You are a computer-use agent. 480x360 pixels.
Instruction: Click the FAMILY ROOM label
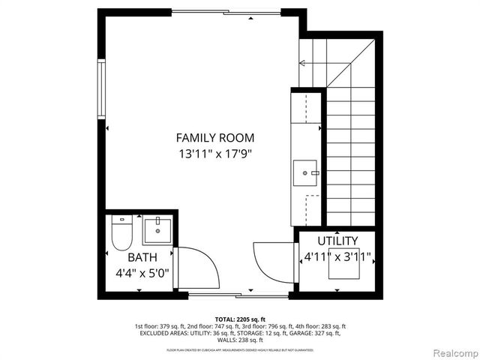214,138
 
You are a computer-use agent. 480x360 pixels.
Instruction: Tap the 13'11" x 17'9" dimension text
214,154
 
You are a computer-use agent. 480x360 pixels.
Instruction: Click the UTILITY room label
337,241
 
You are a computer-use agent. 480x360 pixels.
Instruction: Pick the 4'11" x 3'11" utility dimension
337,257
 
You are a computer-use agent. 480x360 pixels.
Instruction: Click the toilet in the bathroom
121,233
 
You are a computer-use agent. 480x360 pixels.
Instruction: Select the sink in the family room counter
305,172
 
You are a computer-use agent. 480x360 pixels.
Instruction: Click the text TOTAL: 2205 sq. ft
240,319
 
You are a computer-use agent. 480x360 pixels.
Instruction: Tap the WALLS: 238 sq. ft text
240,340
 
